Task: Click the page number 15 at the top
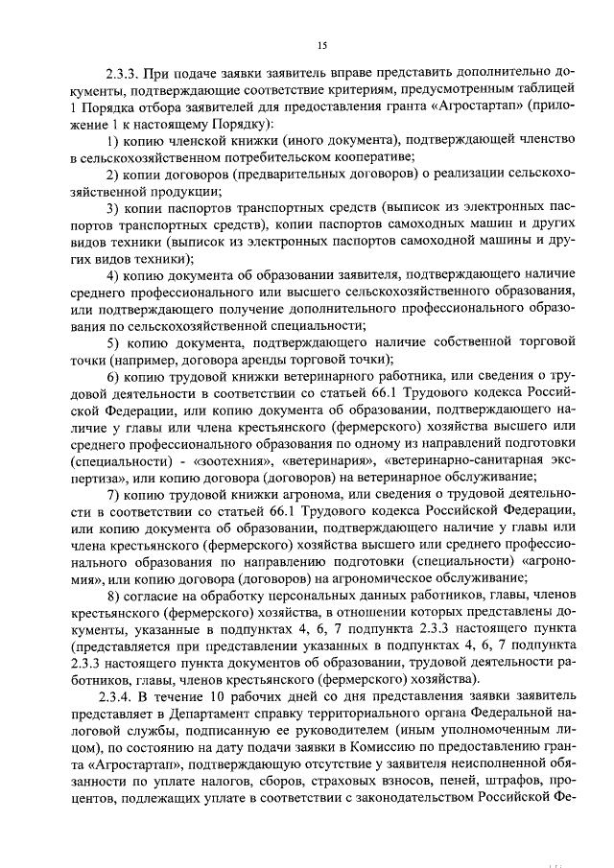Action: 321,45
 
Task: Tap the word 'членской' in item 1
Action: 199,140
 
